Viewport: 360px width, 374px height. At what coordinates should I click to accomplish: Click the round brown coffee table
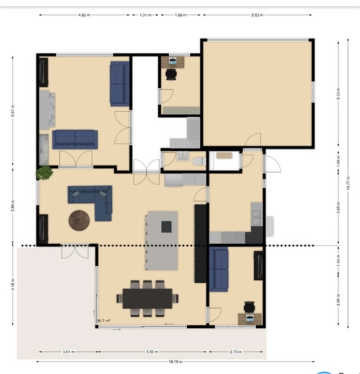pyautogui.click(x=80, y=220)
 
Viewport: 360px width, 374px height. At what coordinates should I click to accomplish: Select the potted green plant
pyautogui.click(x=44, y=172)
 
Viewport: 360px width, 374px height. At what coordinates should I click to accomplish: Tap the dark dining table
pyautogui.click(x=148, y=299)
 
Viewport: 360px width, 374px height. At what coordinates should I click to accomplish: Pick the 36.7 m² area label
pyautogui.click(x=104, y=321)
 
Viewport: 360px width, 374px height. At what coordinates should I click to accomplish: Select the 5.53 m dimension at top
pyautogui.click(x=256, y=14)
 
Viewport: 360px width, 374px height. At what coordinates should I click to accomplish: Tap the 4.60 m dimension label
pyautogui.click(x=84, y=14)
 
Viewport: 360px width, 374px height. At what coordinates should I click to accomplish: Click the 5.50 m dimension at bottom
pyautogui.click(x=152, y=352)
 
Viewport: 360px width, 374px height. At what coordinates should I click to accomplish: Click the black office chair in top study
pyautogui.click(x=171, y=74)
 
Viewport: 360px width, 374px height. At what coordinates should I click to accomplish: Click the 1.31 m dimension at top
pyautogui.click(x=145, y=14)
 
